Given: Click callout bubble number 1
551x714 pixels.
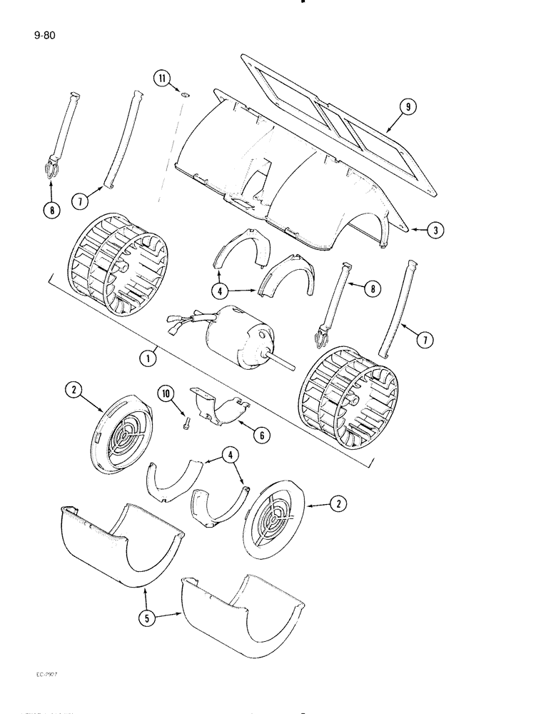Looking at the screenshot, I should click(x=148, y=358).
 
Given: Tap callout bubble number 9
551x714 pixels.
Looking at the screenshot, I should click(x=408, y=107).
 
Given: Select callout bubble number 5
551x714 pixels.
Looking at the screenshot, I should click(x=148, y=619).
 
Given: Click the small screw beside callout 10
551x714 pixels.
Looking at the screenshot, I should click(x=184, y=424).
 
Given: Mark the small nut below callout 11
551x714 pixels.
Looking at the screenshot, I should click(x=183, y=94).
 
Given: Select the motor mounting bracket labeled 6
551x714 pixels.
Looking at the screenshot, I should click(x=221, y=403).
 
